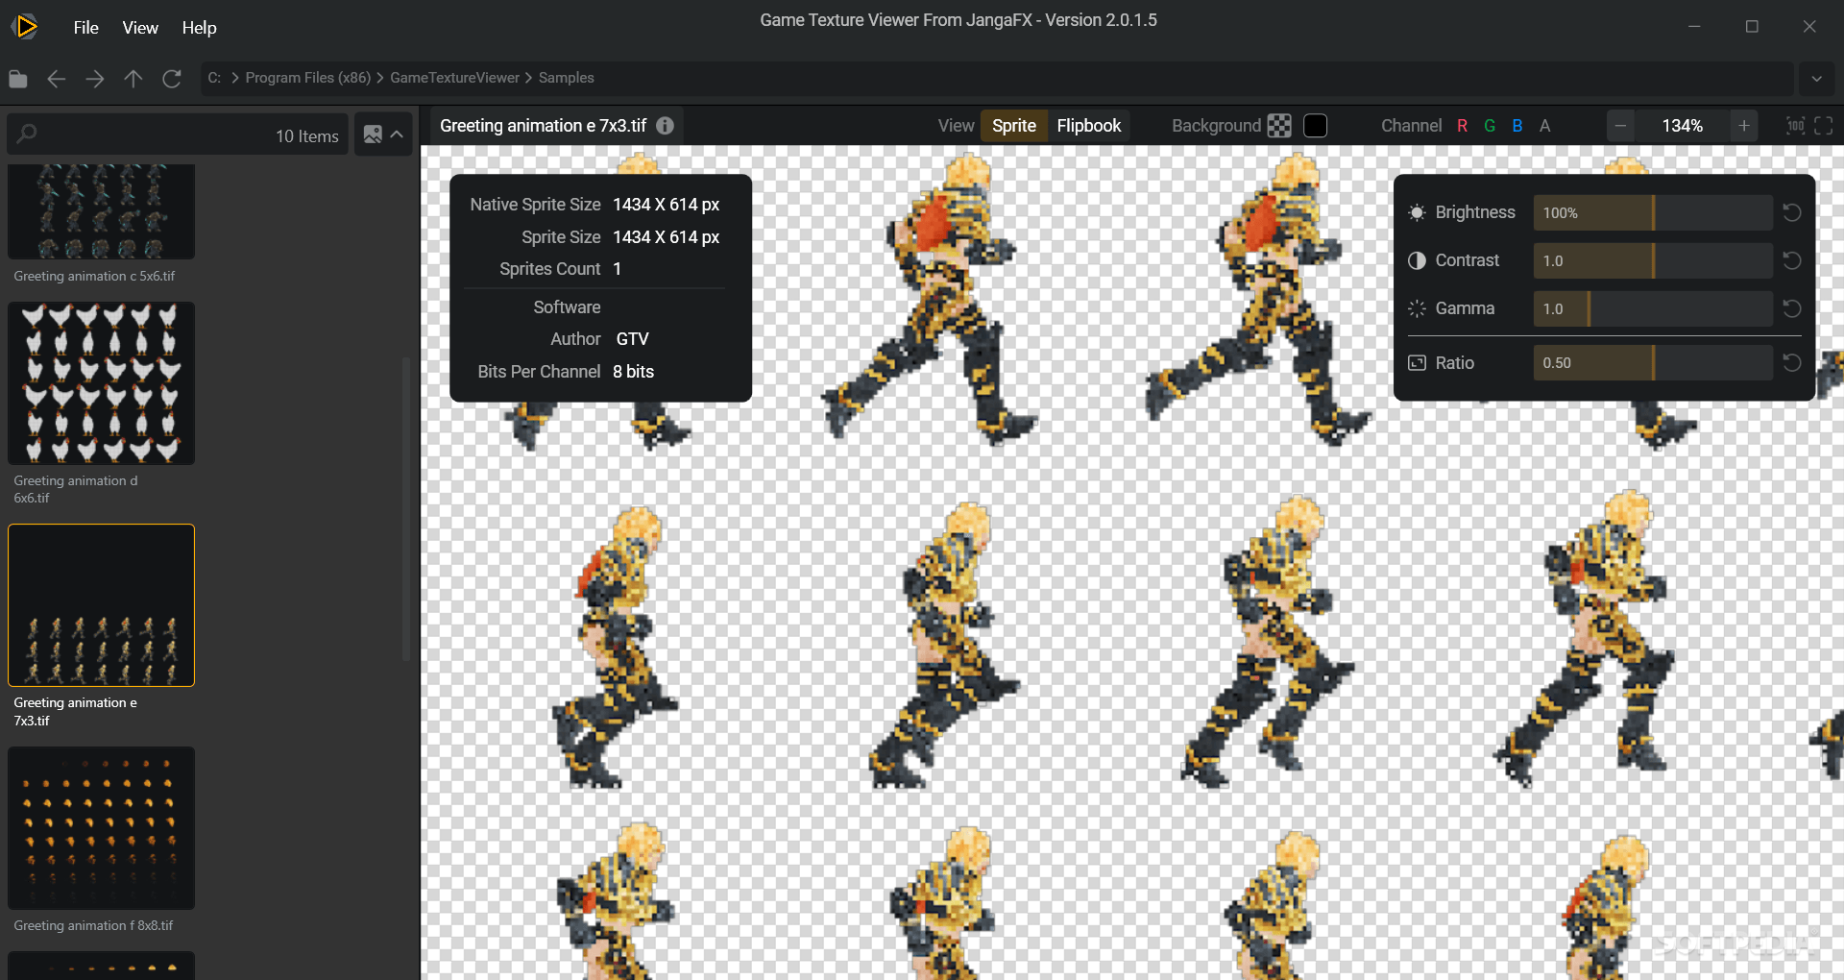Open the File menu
coord(85,28)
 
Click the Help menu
coord(199,28)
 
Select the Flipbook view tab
coord(1088,126)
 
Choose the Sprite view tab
coord(1013,126)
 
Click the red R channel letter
coord(1462,126)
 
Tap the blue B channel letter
coord(1516,126)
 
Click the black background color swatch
coord(1315,126)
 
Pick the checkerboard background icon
coord(1279,126)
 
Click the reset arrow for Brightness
coord(1791,212)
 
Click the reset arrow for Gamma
coord(1791,308)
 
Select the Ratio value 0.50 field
coord(1652,363)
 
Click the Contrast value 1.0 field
coord(1652,260)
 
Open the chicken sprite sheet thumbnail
coord(101,383)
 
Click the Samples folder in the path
coord(566,78)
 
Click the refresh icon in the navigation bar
coord(172,79)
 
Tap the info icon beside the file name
coord(665,126)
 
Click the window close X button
coord(1808,27)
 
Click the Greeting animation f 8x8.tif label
coord(93,925)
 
